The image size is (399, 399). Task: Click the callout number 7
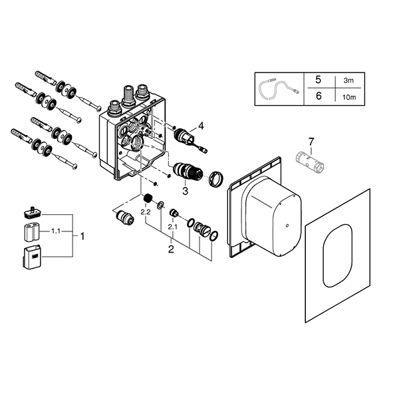point(311,142)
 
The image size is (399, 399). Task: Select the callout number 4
point(201,126)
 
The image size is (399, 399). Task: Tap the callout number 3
point(185,191)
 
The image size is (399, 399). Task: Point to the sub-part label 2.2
point(146,211)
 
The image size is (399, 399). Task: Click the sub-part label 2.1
point(172,227)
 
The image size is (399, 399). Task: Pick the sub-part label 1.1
point(56,231)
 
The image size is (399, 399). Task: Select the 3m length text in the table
point(348,80)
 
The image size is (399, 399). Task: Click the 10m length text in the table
point(349,97)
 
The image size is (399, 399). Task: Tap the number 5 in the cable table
point(318,80)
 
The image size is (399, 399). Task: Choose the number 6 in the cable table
point(319,96)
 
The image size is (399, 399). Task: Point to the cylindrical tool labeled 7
point(310,161)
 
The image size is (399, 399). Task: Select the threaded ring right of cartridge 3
point(216,178)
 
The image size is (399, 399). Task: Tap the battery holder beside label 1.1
point(32,232)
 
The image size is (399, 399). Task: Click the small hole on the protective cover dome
point(287,225)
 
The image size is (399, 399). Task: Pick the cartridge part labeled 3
point(188,172)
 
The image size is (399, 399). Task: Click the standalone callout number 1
point(82,237)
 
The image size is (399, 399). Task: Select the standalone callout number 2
point(171,249)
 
